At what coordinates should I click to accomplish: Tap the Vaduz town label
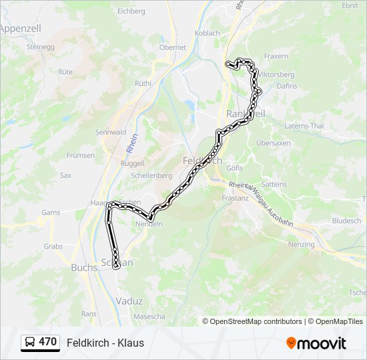pos(129,301)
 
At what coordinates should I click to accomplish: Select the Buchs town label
pos(84,268)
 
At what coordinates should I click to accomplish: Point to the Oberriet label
pos(172,47)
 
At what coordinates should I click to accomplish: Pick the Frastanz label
pos(236,198)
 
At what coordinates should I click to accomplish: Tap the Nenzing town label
pos(302,245)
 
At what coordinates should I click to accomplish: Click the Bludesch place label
pos(346,220)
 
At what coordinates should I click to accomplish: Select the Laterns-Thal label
pos(304,126)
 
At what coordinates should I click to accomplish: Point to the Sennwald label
pos(110,132)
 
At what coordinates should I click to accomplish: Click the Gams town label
pos(51,213)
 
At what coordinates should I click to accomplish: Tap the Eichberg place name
pos(131,11)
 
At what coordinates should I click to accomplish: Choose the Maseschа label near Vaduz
pos(149,317)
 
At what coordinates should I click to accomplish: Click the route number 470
pos(48,342)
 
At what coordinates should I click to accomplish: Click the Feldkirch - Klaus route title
pos(105,343)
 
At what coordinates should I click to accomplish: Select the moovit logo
pos(316,343)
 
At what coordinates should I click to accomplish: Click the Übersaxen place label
pos(274,143)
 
